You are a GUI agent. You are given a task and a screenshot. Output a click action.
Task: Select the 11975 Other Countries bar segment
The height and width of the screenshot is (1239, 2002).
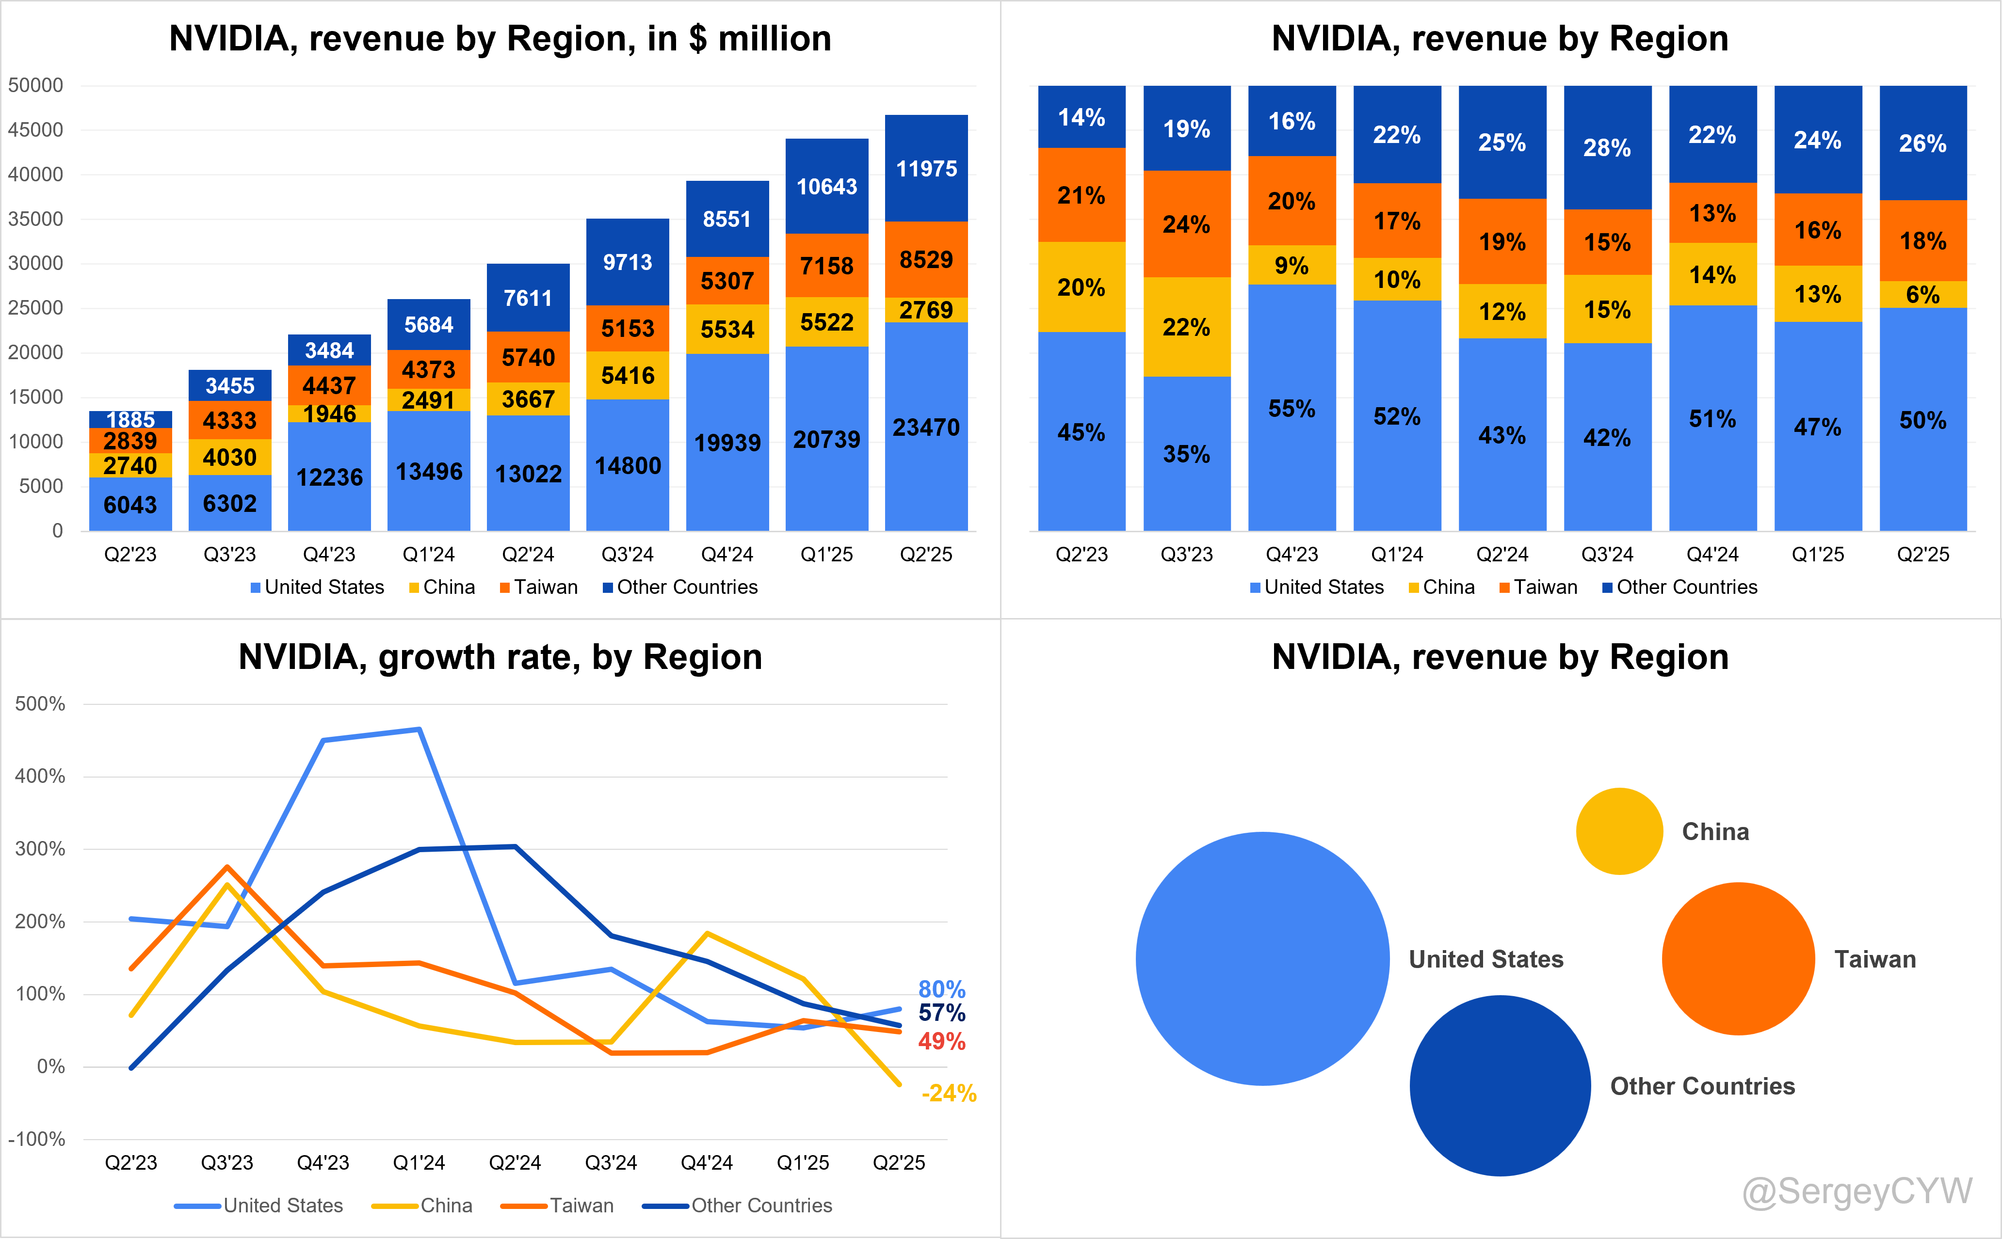click(926, 168)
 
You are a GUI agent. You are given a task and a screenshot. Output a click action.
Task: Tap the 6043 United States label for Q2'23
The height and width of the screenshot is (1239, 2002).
click(130, 505)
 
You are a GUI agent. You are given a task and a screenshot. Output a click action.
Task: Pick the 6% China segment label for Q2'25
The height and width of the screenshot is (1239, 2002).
click(1922, 295)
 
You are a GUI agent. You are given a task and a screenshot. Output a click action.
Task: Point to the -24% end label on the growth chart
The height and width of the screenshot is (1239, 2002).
click(949, 1093)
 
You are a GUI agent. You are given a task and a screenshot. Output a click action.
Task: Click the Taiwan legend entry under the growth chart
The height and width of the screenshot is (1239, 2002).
click(557, 1206)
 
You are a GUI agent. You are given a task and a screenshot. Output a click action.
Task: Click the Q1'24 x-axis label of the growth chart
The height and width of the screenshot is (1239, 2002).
click(419, 1163)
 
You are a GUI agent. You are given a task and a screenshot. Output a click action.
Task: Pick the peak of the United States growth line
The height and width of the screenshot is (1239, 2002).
click(420, 730)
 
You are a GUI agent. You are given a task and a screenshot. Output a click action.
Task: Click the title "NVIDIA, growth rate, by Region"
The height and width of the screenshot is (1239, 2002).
click(500, 657)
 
